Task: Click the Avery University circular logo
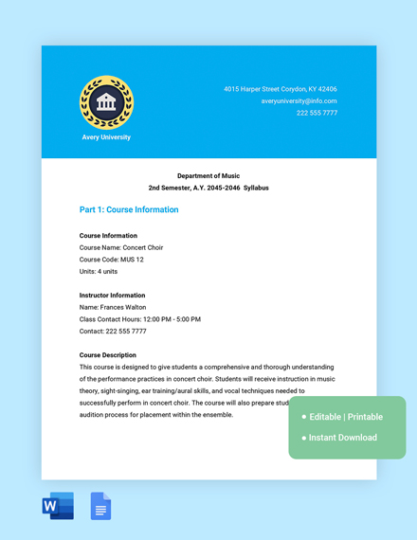106,101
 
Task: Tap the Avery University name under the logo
106,137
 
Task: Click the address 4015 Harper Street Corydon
280,89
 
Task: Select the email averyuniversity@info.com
299,100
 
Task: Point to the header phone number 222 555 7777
317,113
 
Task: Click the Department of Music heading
208,175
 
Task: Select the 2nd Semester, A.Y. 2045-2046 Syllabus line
208,188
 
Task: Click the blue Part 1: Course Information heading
129,209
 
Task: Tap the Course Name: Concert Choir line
121,247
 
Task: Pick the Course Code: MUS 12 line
112,260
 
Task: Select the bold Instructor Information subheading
113,296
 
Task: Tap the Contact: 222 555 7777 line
113,332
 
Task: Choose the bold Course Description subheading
107,355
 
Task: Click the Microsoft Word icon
58,507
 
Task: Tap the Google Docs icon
100,507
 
